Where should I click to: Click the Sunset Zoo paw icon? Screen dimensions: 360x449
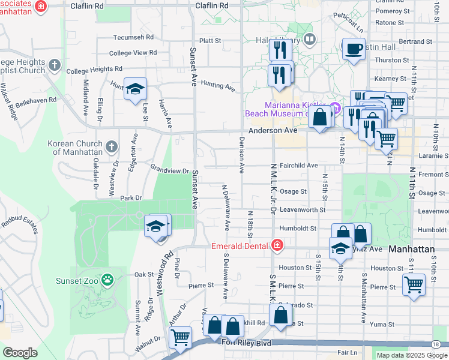pyautogui.click(x=107, y=278)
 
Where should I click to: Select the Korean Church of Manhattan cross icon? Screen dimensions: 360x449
pyautogui.click(x=111, y=146)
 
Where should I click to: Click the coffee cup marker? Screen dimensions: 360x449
pyautogui.click(x=354, y=49)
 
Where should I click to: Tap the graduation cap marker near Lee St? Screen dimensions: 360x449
pyautogui.click(x=136, y=89)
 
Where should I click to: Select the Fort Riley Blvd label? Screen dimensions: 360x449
pyautogui.click(x=246, y=343)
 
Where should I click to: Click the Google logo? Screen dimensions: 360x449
pyautogui.click(x=20, y=353)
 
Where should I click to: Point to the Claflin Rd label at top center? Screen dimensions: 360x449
pyautogui.click(x=212, y=5)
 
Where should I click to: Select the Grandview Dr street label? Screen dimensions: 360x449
pyautogui.click(x=170, y=170)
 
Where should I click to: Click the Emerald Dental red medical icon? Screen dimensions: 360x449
pyautogui.click(x=277, y=245)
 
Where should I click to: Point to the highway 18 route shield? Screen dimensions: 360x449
pyautogui.click(x=435, y=344)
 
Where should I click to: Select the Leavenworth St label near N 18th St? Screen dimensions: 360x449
pyautogui.click(x=302, y=210)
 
